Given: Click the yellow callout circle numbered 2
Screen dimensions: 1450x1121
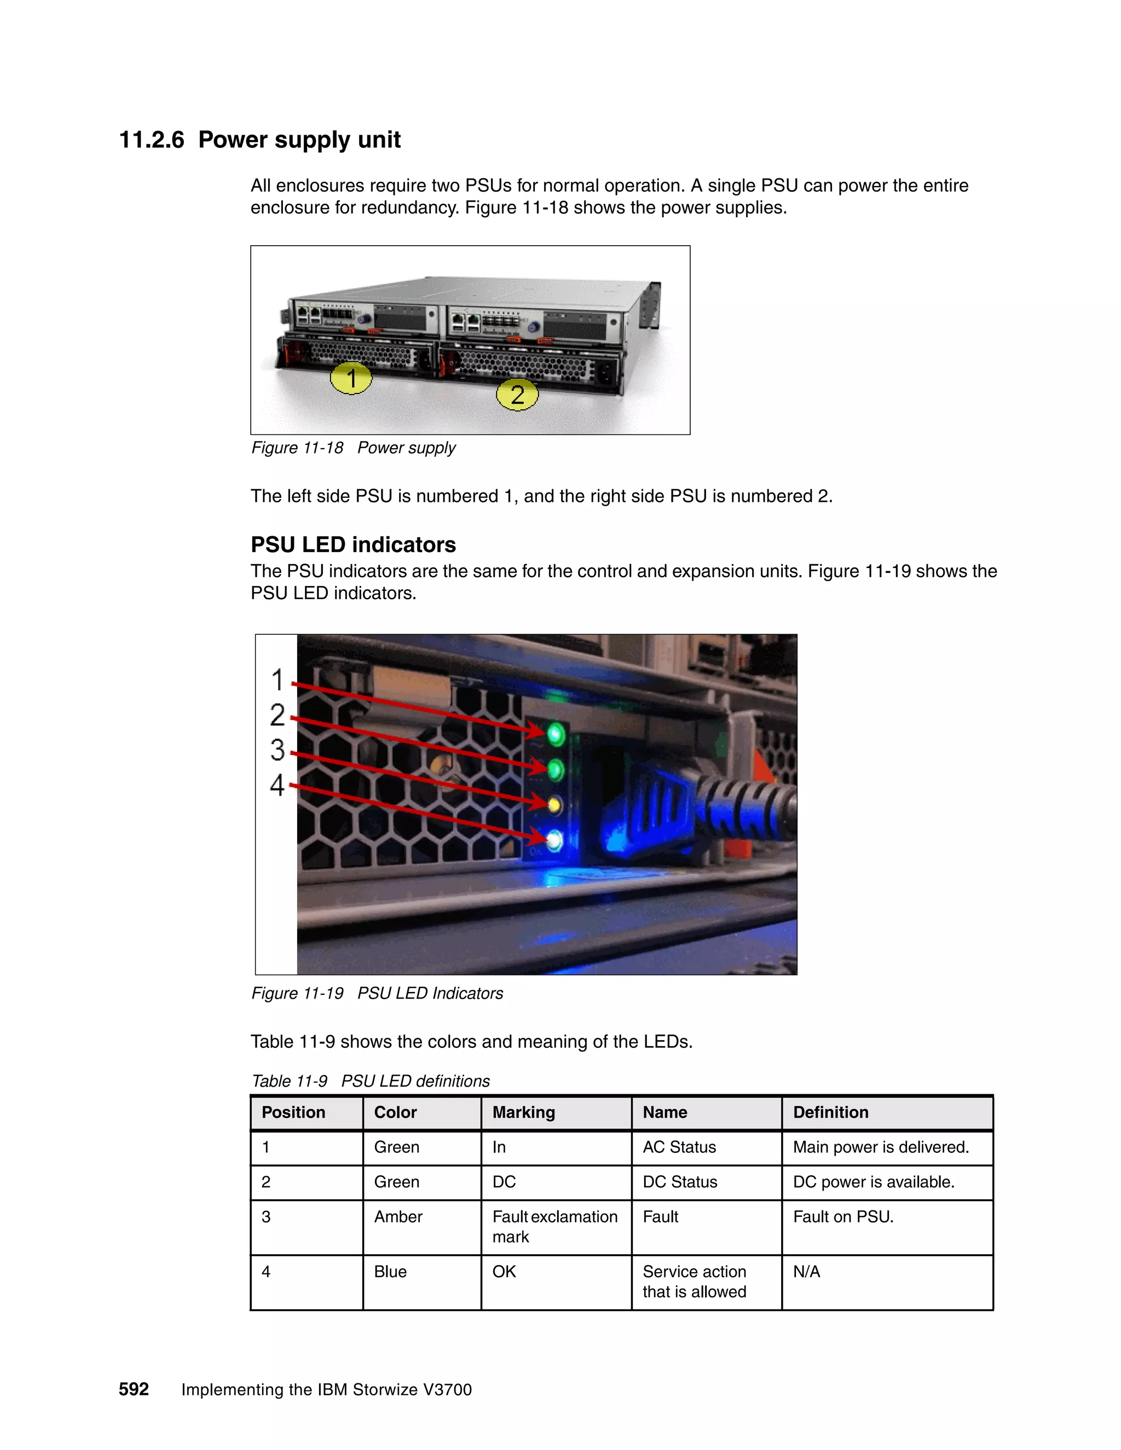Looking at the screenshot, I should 517,395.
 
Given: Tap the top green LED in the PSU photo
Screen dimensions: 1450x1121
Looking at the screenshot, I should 555,734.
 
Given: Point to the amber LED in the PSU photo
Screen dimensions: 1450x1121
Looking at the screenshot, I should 554,806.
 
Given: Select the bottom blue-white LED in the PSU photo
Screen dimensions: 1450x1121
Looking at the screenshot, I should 554,841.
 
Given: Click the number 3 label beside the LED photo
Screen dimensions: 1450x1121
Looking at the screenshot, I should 278,750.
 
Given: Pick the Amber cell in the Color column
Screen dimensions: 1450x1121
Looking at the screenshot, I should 398,1216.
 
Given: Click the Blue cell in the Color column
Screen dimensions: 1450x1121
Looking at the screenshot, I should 390,1272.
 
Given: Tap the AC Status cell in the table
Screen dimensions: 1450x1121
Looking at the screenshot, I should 679,1147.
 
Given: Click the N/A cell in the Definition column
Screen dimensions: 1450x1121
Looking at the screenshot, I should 806,1272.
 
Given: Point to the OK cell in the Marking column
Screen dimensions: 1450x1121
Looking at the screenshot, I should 504,1272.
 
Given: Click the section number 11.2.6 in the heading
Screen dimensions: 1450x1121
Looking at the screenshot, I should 152,140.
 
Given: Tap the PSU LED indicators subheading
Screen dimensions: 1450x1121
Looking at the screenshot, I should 353,544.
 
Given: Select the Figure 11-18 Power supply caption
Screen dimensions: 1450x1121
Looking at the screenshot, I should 353,448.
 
